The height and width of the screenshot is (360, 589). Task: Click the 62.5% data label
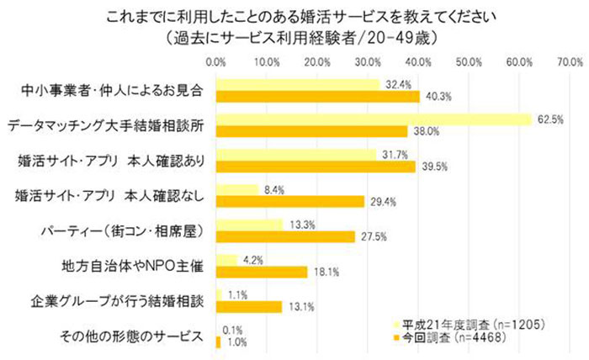(550, 119)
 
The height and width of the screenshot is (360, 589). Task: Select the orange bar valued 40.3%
(317, 96)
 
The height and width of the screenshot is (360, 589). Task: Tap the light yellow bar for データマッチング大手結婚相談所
(374, 119)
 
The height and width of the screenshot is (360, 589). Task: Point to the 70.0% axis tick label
(570, 61)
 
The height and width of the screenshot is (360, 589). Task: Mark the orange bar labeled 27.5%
(286, 236)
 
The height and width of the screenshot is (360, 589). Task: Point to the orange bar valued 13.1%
(249, 307)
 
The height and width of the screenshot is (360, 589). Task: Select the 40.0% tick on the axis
(418, 61)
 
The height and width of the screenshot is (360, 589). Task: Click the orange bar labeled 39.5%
(316, 167)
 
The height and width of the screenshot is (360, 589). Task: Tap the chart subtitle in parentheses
(294, 37)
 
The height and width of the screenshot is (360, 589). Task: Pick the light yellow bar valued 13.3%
(250, 225)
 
